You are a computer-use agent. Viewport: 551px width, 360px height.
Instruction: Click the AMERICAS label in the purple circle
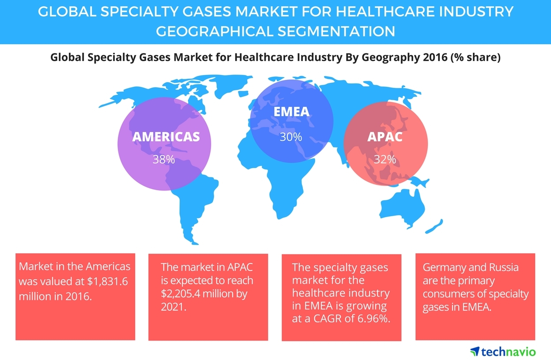point(166,136)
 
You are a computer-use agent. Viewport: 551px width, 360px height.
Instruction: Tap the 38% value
point(164,159)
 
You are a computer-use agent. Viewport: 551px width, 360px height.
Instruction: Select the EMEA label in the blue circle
point(291,112)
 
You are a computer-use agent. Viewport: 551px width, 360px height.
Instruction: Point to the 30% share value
point(291,137)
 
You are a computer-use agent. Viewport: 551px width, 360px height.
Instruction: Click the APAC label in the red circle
point(385,136)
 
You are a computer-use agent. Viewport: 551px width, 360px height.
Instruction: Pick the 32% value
point(385,159)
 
